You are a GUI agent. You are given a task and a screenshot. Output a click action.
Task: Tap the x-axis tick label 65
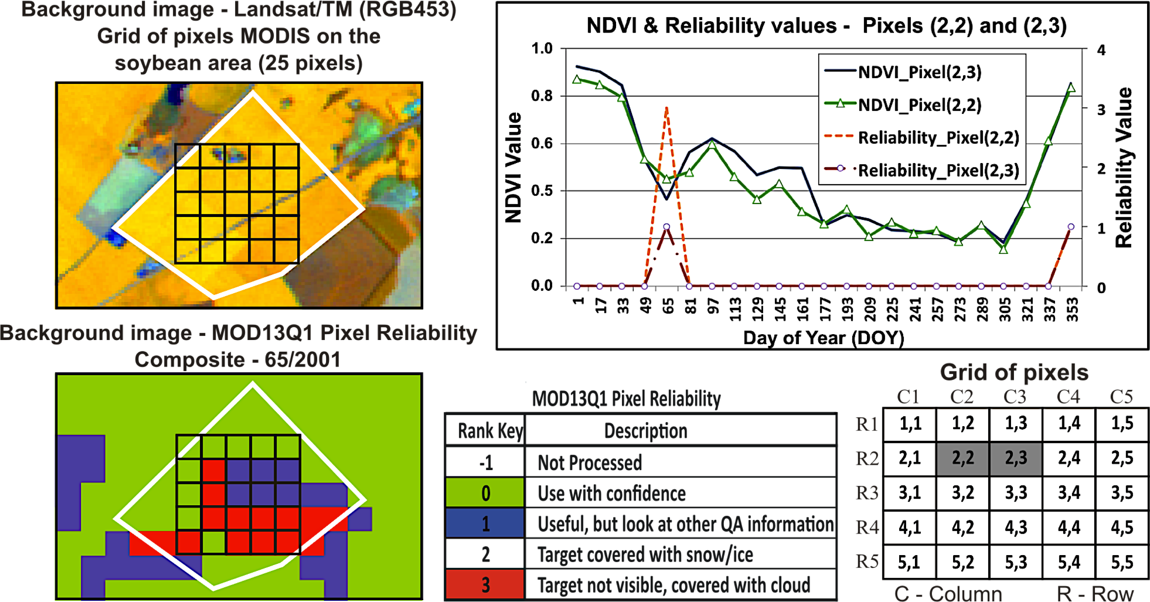coord(668,306)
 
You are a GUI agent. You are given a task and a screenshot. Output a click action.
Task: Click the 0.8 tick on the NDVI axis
coord(542,96)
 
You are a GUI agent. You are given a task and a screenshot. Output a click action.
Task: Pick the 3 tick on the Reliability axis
coord(1101,110)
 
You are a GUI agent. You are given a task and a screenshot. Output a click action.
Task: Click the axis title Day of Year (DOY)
coord(824,337)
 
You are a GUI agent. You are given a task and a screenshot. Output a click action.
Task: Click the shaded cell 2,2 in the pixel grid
coord(963,458)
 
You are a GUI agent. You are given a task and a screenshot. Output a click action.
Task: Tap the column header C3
coord(1015,396)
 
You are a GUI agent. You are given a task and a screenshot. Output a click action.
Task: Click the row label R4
coord(867,528)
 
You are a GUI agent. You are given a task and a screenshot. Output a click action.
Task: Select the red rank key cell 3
coord(485,585)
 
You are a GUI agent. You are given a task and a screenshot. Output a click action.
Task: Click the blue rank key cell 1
coord(485,524)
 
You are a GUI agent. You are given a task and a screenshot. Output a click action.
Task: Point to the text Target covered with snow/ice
coord(645,554)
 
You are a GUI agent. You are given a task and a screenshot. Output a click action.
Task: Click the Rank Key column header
coord(490,431)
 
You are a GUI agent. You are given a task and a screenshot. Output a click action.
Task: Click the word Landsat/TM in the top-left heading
coord(293,10)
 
